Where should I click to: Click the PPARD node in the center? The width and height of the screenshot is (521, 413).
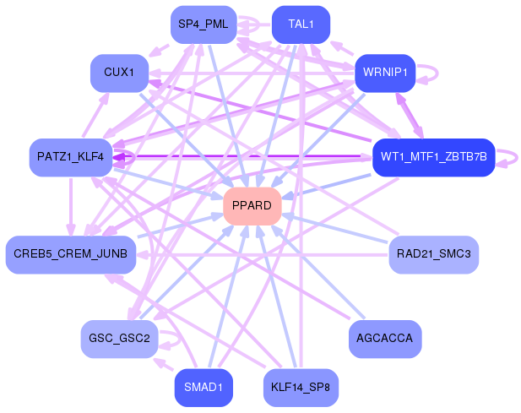coord(252,206)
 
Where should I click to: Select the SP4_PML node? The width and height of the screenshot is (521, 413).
coord(203,24)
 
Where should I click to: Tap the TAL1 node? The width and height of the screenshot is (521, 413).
coord(301,24)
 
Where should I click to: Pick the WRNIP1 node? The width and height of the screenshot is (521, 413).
coord(385,73)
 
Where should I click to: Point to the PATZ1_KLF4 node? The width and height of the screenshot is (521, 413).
coord(71,157)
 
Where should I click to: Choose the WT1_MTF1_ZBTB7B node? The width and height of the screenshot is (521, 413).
coord(432,157)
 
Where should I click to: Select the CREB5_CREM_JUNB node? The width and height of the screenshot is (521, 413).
coord(71,254)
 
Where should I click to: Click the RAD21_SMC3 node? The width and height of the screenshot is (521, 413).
coord(433,254)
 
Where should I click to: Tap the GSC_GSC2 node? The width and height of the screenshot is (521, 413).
coord(119,339)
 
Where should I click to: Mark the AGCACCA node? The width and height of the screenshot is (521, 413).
coord(385,339)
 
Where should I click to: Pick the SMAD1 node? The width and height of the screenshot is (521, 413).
coord(203,388)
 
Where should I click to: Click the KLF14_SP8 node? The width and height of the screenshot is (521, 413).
coord(301,388)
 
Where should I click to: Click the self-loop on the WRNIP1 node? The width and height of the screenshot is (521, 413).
coord(431,73)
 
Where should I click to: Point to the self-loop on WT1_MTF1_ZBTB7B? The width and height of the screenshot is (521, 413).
coord(510,157)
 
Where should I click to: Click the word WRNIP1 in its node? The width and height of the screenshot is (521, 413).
coord(385,73)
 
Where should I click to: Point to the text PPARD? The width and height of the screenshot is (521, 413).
coord(252,206)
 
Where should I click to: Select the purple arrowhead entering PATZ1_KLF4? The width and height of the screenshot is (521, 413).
coord(119,157)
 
